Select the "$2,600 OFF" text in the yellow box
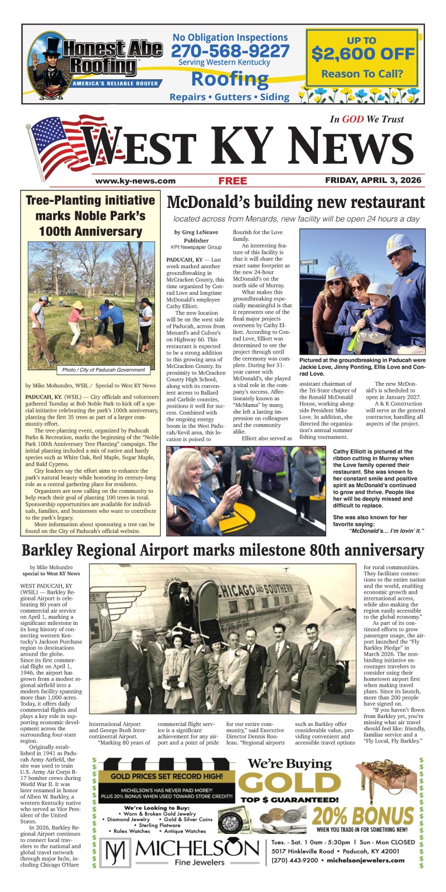point(362,54)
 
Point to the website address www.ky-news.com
point(135,181)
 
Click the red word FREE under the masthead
point(232,181)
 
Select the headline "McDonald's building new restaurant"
point(295,202)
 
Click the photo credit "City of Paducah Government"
point(104,370)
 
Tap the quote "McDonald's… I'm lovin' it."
point(386,530)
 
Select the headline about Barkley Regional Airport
point(223,551)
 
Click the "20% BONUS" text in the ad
point(365,817)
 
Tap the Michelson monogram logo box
point(117,852)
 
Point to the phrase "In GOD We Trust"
point(366,119)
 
